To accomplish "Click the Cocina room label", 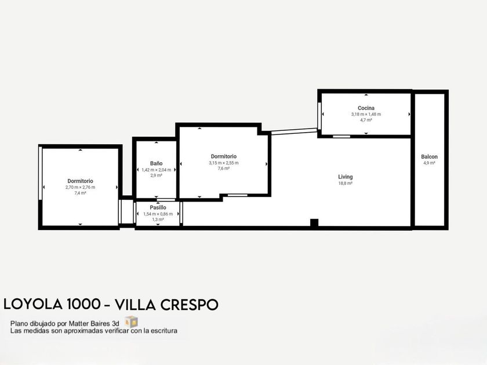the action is [x=366, y=108].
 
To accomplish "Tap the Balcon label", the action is [x=429, y=157].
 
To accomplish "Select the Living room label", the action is [x=346, y=177].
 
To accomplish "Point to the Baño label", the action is [x=156, y=163].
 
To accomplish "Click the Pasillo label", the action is [x=158, y=207].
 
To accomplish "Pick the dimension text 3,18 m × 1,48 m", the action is [x=366, y=114].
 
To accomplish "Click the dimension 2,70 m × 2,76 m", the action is [x=80, y=187].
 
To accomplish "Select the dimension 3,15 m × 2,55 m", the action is [x=224, y=163].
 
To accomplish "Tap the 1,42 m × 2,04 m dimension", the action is [x=156, y=170].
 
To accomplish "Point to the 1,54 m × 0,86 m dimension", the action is [x=158, y=214].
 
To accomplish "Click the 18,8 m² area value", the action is [x=346, y=183].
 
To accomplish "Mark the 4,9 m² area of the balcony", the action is [x=429, y=163].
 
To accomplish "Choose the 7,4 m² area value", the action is [x=80, y=193].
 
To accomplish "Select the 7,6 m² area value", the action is [x=224, y=169].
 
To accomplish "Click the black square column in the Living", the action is [x=314, y=222].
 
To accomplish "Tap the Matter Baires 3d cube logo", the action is [x=132, y=322].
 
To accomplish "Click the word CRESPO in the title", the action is [x=189, y=305].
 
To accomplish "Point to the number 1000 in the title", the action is [x=83, y=304].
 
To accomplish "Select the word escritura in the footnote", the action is [x=163, y=331].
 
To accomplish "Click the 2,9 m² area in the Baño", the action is [x=156, y=176].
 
